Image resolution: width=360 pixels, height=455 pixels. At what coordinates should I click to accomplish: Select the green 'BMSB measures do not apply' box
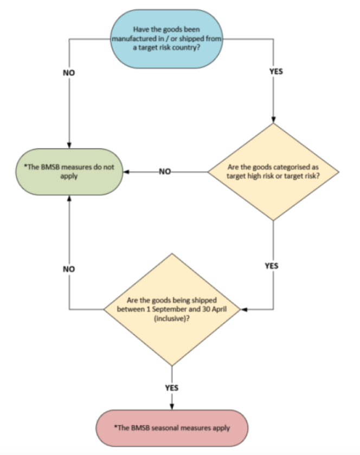coord(69,172)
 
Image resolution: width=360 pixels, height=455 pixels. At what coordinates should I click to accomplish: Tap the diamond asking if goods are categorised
coord(274,172)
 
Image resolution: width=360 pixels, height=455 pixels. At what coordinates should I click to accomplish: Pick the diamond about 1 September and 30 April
coord(172,309)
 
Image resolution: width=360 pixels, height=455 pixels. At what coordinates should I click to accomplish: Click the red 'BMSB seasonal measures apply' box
coord(172,427)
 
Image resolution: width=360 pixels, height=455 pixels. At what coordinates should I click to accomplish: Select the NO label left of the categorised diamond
coord(165,172)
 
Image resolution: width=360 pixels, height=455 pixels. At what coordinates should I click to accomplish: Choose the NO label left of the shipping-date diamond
coord(69,269)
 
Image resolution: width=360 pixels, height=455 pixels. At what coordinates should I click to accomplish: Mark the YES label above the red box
coord(172,388)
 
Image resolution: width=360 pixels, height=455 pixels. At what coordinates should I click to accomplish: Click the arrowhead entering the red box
coord(172,407)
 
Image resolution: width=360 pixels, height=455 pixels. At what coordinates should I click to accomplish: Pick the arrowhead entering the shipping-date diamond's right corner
coord(242,310)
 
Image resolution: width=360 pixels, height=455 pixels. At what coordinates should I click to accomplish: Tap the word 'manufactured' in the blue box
coord(132,39)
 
